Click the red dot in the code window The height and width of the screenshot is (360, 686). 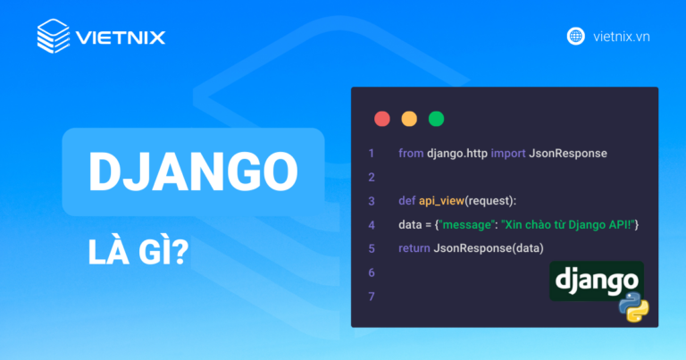(x=382, y=118)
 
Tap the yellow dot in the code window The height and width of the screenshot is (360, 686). (x=409, y=118)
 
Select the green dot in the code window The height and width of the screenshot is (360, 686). (x=436, y=118)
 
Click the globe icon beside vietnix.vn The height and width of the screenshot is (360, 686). (x=576, y=37)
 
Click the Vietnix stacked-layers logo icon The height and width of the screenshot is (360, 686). (x=54, y=37)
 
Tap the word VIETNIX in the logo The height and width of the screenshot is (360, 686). (x=121, y=38)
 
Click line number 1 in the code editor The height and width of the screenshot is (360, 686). (x=371, y=154)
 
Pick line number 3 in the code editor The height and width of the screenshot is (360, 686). (x=371, y=200)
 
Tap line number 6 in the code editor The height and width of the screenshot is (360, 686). (x=371, y=272)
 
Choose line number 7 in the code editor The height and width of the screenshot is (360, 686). (x=371, y=296)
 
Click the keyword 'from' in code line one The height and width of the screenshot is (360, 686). (x=411, y=154)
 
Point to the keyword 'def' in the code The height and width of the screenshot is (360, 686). (x=407, y=200)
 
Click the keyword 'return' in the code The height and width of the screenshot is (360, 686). (x=414, y=247)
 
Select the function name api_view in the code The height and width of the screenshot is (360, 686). (x=445, y=200)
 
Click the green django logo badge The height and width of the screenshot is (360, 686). (x=596, y=280)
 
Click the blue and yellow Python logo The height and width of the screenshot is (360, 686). (x=634, y=306)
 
